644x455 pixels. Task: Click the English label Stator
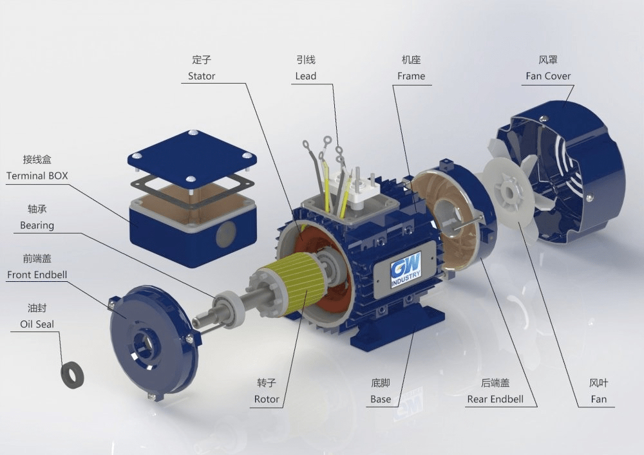point(201,76)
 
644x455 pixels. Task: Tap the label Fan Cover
point(548,76)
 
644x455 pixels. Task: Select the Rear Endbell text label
point(495,399)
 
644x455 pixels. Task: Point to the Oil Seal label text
point(37,324)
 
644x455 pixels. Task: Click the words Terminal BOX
point(37,176)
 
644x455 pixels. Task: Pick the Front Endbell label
point(37,274)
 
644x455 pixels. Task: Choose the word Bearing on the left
point(37,225)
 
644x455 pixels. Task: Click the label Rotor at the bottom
point(267,399)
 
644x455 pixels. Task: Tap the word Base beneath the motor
point(381,399)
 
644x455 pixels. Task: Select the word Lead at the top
point(305,76)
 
